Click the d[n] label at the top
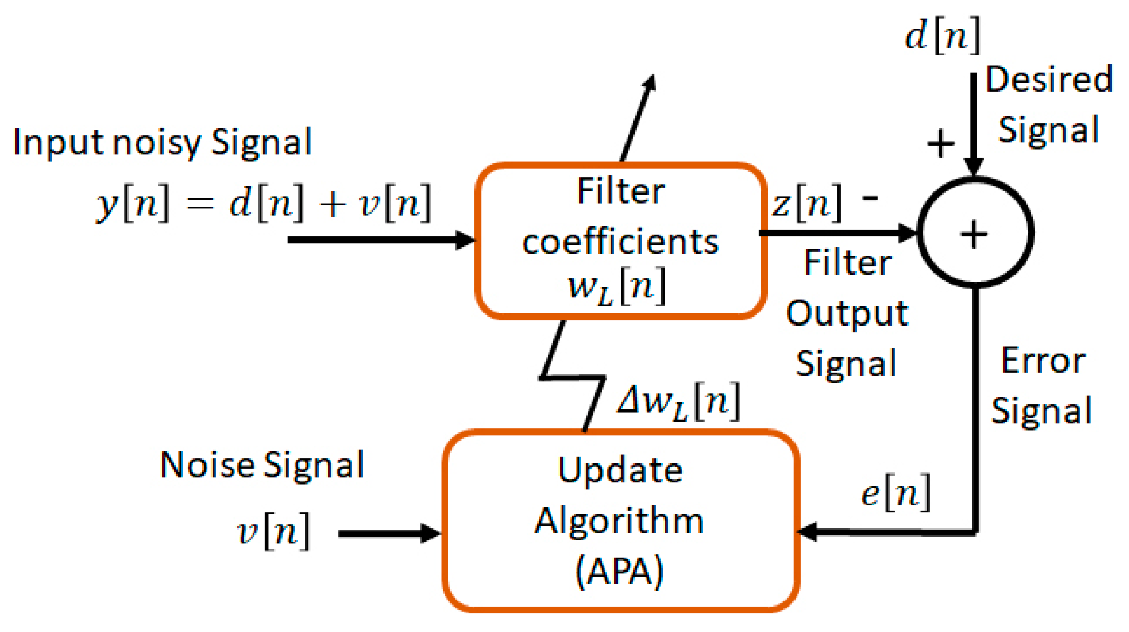pos(942,36)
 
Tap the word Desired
pos(1048,80)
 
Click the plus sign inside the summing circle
pos(974,234)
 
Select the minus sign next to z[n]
pos(870,198)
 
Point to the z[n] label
pos(807,203)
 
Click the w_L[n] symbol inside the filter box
pos(616,287)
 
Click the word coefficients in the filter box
pos(620,242)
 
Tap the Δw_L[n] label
pos(678,402)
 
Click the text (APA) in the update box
pos(620,571)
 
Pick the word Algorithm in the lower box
pos(619,521)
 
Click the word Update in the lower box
pos(620,470)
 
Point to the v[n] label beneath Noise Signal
pos(273,531)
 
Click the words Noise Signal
pos(262,465)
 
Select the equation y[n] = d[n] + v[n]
pos(263,203)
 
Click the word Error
pos(1043,361)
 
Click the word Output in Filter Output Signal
pos(847,313)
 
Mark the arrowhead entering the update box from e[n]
pos(807,531)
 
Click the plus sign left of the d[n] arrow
pos(940,144)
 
